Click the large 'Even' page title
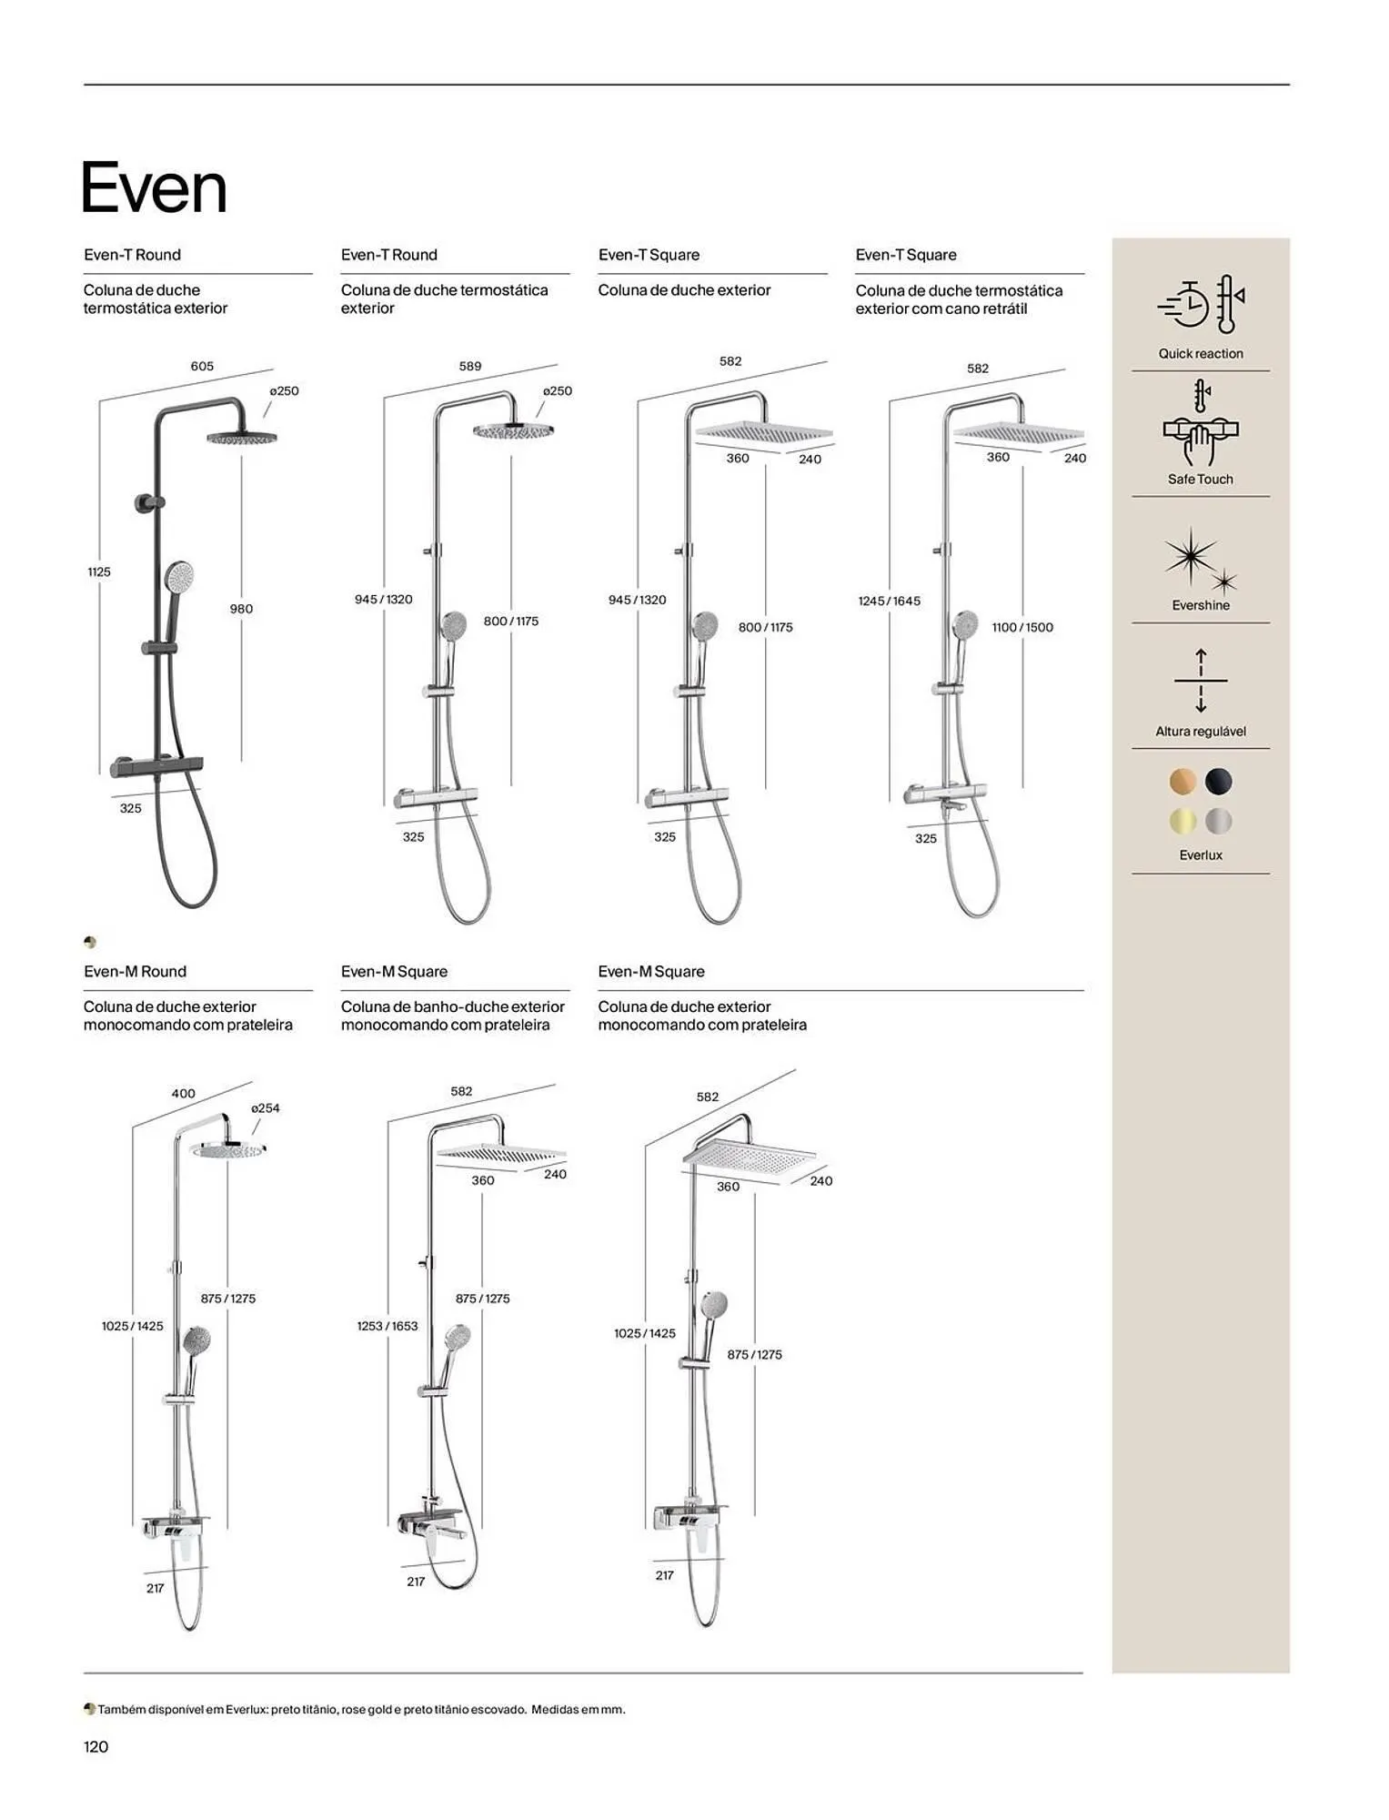pyautogui.click(x=154, y=188)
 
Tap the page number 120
pyautogui.click(x=96, y=1745)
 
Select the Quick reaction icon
pyautogui.click(x=1200, y=306)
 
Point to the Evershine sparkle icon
pyautogui.click(x=1199, y=559)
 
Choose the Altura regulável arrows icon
pyautogui.click(x=1200, y=681)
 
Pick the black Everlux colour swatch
pyautogui.click(x=1218, y=781)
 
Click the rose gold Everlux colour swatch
pyautogui.click(x=1182, y=781)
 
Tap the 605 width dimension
pyautogui.click(x=202, y=366)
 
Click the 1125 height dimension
pyautogui.click(x=99, y=571)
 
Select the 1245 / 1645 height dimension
pyautogui.click(x=889, y=601)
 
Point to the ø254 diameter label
pyautogui.click(x=265, y=1107)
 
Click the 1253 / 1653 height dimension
pyautogui.click(x=388, y=1326)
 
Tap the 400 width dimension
pyautogui.click(x=183, y=1093)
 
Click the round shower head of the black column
pyautogui.click(x=241, y=438)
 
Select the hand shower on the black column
pyautogui.click(x=178, y=577)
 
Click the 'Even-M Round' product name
pyautogui.click(x=135, y=971)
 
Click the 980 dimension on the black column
pyautogui.click(x=241, y=609)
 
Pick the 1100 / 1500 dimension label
pyautogui.click(x=1022, y=627)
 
